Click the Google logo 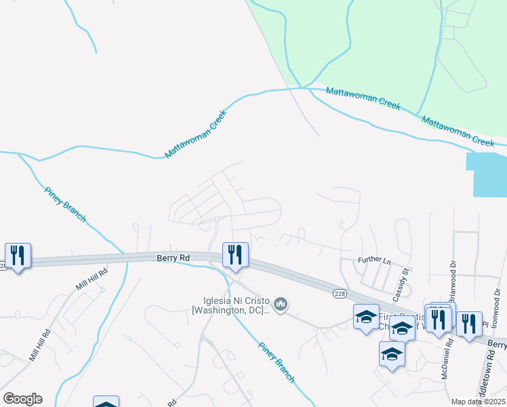[22, 399]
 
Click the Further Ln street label [374, 260]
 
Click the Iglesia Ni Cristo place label [232, 306]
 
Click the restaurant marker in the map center [235, 256]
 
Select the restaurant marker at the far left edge [16, 256]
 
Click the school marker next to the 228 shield [366, 317]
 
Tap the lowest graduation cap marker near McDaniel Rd [392, 354]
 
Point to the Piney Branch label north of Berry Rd [66, 203]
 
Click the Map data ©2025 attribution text [478, 402]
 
